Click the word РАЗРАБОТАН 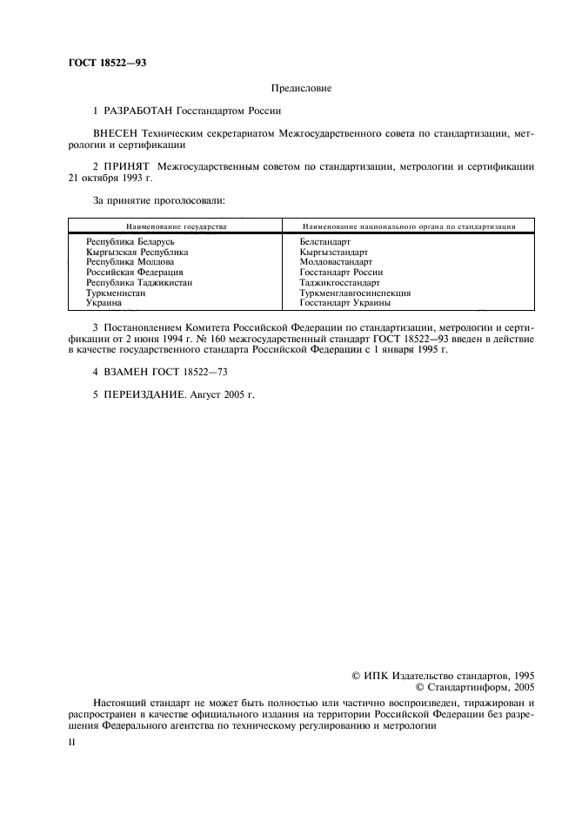138,111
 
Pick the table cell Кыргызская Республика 137,251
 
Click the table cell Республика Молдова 130,261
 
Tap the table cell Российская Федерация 134,272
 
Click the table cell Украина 104,303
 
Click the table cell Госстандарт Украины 344,303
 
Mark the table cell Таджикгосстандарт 339,283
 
